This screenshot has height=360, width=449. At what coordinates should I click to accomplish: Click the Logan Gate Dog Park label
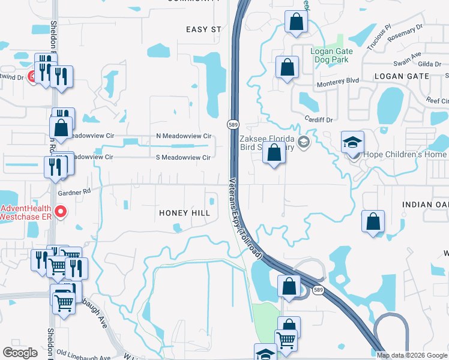pyautogui.click(x=331, y=56)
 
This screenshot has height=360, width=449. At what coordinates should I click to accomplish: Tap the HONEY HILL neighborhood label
pyautogui.click(x=184, y=214)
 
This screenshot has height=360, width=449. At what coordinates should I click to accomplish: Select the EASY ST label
pyautogui.click(x=204, y=29)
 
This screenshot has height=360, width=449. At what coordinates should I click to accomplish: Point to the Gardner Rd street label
pyautogui.click(x=74, y=192)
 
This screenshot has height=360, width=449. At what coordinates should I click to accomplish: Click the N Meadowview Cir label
pyautogui.click(x=183, y=136)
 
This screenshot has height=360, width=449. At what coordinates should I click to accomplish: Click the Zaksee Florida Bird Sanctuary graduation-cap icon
pyautogui.click(x=304, y=142)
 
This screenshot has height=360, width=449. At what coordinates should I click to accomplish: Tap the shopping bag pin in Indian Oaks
pyautogui.click(x=373, y=221)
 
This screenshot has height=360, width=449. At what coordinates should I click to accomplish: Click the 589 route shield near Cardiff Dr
pyautogui.click(x=234, y=124)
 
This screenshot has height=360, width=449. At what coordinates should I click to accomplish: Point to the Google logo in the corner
pyautogui.click(x=20, y=352)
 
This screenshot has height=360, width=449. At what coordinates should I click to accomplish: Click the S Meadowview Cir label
pyautogui.click(x=183, y=158)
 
